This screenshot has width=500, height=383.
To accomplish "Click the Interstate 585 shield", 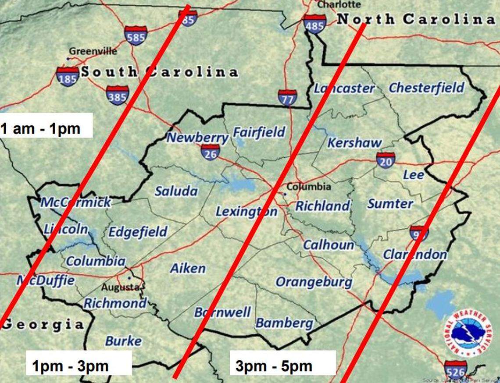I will [x=136, y=35].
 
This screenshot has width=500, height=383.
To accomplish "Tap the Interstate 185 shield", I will [x=68, y=76].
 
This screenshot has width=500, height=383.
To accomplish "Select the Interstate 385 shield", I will [x=117, y=95].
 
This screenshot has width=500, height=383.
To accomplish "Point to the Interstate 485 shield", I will [x=315, y=24].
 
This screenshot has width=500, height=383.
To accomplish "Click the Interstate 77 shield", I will [x=287, y=99].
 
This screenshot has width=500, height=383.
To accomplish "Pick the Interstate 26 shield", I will [x=210, y=152].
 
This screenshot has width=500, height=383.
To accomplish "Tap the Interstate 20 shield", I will [x=385, y=161].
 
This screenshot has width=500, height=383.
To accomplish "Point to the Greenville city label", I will [x=93, y=51].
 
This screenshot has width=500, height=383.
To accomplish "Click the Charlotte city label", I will [x=339, y=4].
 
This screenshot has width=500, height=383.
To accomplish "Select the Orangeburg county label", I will [x=313, y=282].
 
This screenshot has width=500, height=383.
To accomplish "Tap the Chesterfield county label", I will [x=426, y=88].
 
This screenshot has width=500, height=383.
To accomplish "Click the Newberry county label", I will [x=197, y=138].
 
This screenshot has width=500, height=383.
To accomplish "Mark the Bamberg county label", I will [x=284, y=323].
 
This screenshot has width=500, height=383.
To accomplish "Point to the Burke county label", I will [x=123, y=341].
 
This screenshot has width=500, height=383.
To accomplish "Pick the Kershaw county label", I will [x=354, y=143].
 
